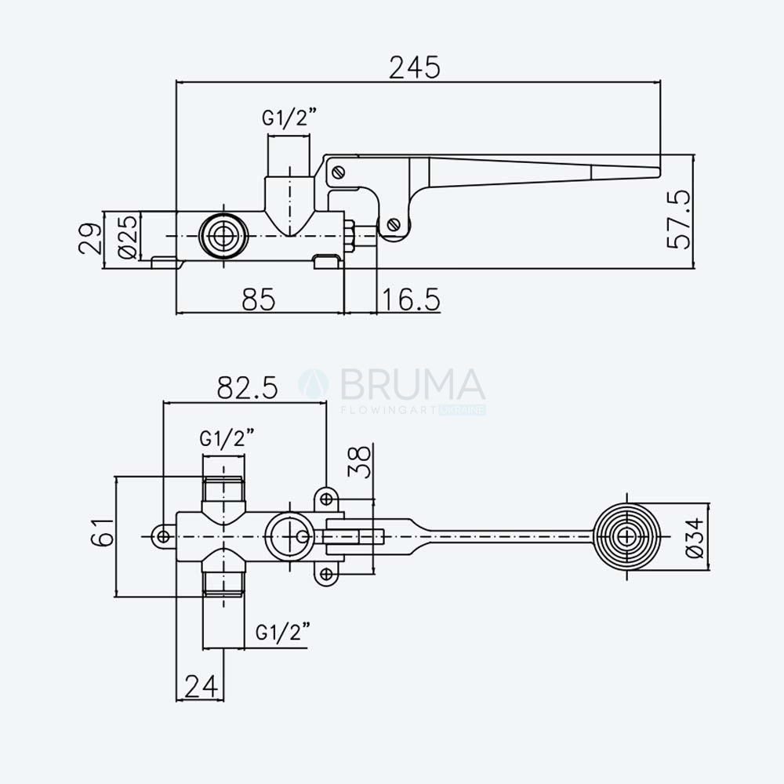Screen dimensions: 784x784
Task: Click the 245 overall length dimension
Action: coord(415,67)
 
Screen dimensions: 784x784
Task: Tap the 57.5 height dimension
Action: coord(679,219)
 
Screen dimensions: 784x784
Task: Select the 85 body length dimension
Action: coord(259,299)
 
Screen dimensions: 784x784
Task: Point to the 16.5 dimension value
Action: coord(411,299)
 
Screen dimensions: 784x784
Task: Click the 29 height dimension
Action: coord(90,239)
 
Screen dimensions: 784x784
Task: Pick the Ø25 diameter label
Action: coord(128,237)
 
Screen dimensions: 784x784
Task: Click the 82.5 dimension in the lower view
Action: coord(247,387)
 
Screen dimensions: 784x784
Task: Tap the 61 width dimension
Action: coord(103,532)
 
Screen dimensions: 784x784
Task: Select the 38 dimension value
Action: coord(360,462)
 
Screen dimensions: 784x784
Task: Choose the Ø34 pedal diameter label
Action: coord(694,538)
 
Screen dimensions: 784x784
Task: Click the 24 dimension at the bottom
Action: coord(201,686)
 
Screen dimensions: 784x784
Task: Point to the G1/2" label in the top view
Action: coord(290,118)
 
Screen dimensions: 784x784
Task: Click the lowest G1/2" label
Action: coord(283,632)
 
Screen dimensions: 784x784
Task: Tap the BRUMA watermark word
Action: coord(412,385)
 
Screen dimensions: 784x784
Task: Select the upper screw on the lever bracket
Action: coord(339,172)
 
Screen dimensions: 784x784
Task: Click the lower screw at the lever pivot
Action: coord(394,224)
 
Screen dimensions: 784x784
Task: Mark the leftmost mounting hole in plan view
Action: coord(163,536)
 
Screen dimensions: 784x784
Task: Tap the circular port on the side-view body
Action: coord(223,236)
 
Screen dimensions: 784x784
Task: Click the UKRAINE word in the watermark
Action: coord(463,411)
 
